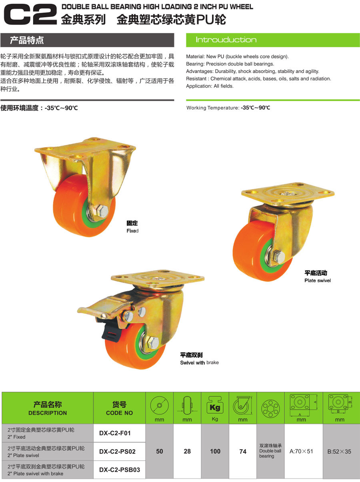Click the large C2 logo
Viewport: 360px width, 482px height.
[30, 14]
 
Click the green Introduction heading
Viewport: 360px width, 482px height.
[226, 40]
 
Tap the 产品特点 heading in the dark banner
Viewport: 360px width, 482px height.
[26, 40]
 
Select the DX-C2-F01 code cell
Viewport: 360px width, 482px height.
[115, 433]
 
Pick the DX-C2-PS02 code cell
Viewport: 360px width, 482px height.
[117, 452]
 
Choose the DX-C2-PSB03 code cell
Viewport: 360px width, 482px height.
[120, 470]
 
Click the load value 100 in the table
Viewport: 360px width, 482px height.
[215, 451]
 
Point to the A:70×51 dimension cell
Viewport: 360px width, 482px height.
[301, 451]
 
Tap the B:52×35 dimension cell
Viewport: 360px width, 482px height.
[339, 452]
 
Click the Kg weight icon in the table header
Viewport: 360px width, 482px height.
[215, 405]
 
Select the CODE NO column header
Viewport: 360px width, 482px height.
[119, 413]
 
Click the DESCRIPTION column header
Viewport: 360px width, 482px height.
[48, 413]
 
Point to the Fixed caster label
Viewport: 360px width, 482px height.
[132, 231]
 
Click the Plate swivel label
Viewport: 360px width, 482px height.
[318, 281]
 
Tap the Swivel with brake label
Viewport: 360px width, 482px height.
[199, 362]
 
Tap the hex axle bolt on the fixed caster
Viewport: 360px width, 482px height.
[102, 211]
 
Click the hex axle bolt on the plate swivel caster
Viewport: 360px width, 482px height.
[279, 257]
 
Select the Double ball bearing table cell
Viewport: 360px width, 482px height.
[270, 451]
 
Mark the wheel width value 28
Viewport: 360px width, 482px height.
[187, 451]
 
